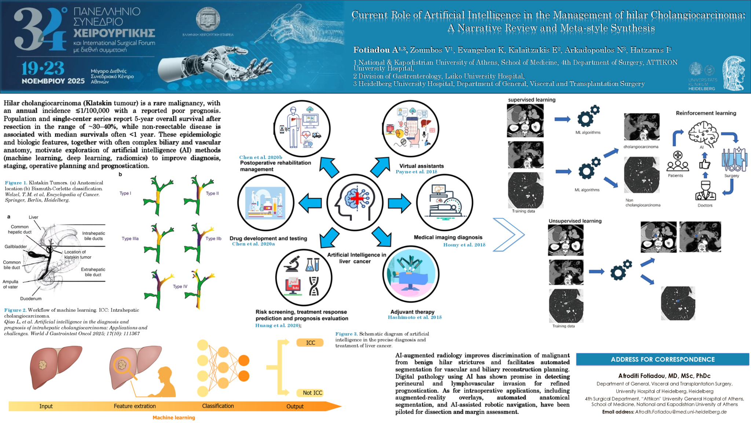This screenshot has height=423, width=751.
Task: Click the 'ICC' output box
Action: point(310,343)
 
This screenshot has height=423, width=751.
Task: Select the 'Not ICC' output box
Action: point(312,393)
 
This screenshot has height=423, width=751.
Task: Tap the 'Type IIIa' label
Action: point(130,239)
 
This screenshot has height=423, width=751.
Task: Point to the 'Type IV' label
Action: point(180,286)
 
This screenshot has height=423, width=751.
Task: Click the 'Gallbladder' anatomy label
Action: point(15,247)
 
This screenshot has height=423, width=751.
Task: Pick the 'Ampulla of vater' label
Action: point(10,284)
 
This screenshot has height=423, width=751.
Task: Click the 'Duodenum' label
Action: point(31,299)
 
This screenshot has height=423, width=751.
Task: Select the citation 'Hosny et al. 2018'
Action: point(464,245)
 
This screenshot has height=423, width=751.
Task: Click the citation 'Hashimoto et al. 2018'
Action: point(415,317)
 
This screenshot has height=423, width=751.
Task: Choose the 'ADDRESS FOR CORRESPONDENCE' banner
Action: point(662,359)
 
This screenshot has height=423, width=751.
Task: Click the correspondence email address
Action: point(681,412)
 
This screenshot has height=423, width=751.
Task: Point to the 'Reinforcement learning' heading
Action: point(706,113)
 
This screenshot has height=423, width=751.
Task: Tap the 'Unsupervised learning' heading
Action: point(575,221)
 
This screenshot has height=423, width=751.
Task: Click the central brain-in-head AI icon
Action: point(355,203)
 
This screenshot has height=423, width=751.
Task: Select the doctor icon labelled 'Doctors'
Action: point(705,191)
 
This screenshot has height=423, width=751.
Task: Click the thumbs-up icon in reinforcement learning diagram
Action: point(704,164)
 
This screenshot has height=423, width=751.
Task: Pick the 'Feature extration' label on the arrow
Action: point(135,406)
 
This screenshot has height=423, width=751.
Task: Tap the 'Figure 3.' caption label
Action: point(346,334)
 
